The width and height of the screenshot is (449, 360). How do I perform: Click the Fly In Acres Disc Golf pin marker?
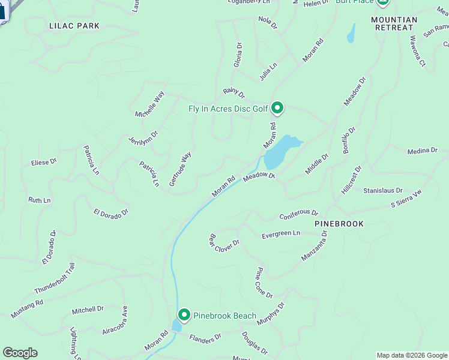pos(277,108)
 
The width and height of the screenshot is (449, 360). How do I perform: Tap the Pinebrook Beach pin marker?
pos(184,315)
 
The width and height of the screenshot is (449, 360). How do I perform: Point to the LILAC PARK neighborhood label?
pos(75,26)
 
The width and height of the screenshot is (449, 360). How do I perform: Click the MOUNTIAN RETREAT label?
pos(394,24)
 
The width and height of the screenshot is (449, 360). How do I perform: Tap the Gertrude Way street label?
pos(180,169)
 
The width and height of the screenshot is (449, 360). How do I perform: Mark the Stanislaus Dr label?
pos(382,191)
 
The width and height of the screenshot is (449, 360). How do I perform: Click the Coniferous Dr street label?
pos(298,214)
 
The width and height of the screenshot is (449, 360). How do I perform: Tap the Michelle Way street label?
pos(149,104)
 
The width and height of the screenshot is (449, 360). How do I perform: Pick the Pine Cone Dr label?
pos(265,283)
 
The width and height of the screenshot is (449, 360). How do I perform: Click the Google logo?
pos(20,353)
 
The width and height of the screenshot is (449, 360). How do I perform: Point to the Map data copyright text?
pos(412,355)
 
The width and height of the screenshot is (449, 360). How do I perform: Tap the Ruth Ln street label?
pos(40,200)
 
